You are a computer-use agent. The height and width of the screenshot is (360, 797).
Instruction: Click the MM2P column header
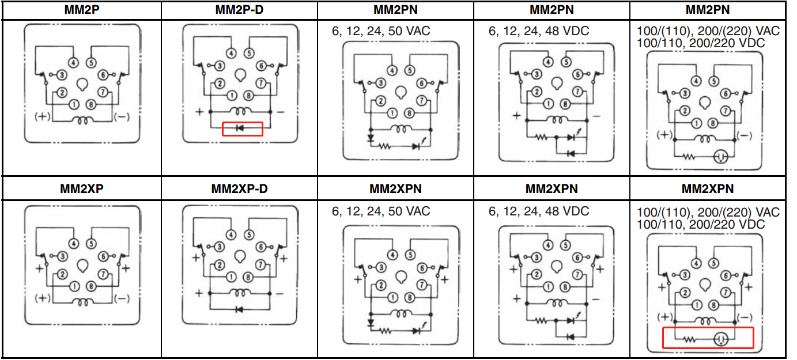(x=81, y=10)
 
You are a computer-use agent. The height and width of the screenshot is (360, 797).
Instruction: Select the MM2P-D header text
(x=239, y=10)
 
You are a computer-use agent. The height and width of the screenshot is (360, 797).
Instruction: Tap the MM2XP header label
(x=81, y=188)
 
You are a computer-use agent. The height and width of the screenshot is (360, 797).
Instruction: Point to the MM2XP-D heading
(x=239, y=188)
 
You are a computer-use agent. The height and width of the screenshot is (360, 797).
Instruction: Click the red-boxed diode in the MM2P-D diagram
(x=240, y=128)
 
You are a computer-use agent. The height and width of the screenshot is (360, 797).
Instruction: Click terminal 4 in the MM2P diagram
(x=74, y=63)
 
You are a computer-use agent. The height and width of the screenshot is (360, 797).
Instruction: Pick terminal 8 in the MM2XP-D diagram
(x=248, y=278)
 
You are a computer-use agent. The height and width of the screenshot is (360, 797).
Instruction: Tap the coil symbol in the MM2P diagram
(x=82, y=120)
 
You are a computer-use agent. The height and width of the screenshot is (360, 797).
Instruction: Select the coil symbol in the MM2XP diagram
(x=82, y=302)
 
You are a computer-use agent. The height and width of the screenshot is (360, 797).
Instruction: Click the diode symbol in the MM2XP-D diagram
(x=239, y=309)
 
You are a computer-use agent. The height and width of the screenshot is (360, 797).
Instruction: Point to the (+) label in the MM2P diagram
(x=42, y=117)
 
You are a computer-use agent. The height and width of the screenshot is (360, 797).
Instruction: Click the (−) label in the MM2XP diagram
(x=122, y=298)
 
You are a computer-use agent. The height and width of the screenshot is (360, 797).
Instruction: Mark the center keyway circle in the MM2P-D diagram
(x=240, y=75)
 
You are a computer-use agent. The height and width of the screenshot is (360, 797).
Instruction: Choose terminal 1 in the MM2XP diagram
(x=74, y=286)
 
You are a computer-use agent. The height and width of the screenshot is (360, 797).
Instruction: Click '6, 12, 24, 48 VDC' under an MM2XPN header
(x=539, y=211)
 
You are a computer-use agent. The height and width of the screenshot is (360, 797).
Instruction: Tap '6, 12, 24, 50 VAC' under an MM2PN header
(x=381, y=31)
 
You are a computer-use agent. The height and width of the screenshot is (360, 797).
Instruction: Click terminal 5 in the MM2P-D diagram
(x=249, y=54)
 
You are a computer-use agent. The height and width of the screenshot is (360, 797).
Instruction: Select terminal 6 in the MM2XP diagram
(x=104, y=256)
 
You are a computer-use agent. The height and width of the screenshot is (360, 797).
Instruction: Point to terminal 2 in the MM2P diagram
(x=62, y=93)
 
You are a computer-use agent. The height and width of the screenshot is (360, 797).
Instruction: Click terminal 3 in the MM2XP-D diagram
(x=220, y=247)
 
